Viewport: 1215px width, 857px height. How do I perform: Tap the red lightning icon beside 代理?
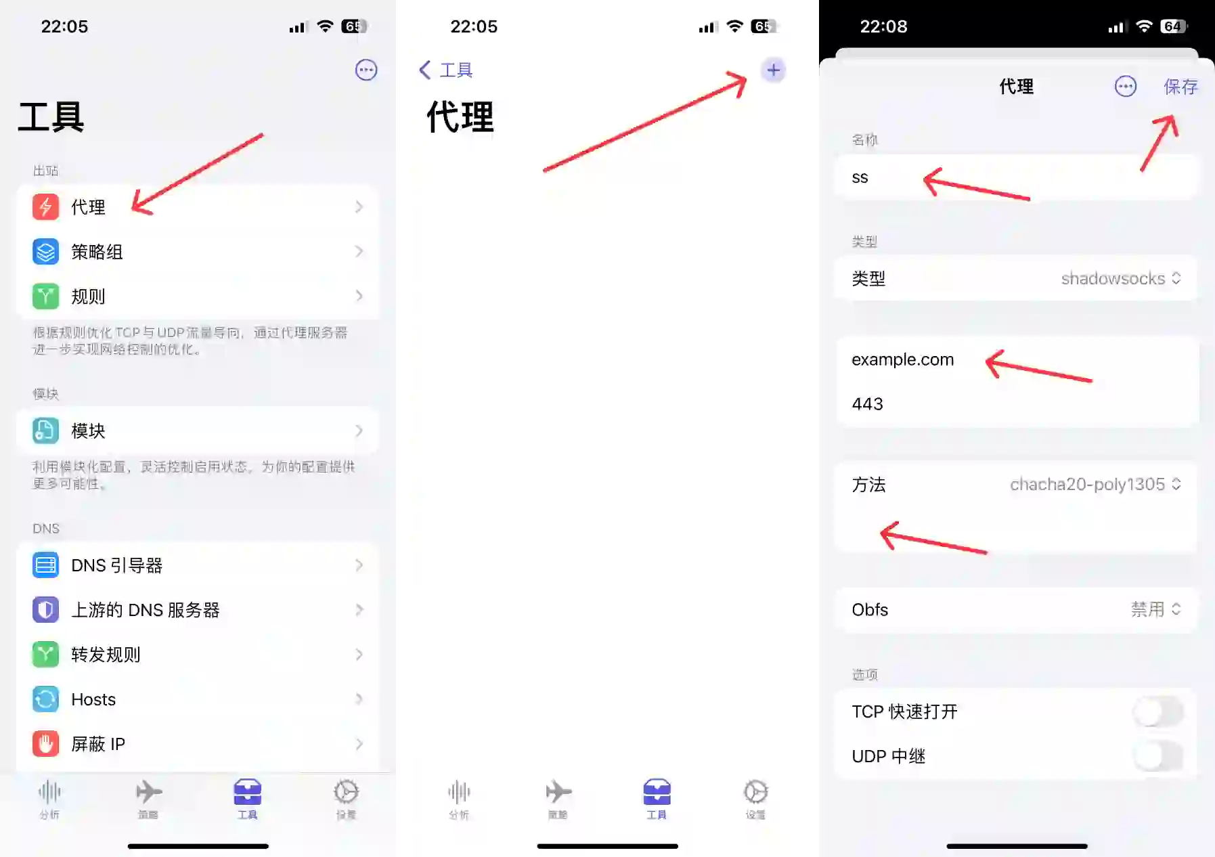[45, 206]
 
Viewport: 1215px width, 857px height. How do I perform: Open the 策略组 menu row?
[97, 252]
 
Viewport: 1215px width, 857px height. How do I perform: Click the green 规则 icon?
[45, 296]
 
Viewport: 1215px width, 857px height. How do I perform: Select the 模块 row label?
[88, 431]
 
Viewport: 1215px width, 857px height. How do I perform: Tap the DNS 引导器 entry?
[116, 565]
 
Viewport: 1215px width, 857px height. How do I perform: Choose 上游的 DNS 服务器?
[145, 610]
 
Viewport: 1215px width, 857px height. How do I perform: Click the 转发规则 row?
[106, 655]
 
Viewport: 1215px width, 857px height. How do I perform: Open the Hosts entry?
[93, 699]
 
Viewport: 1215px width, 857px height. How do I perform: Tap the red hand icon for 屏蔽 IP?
[45, 744]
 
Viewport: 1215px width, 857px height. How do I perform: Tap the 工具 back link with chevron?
[446, 70]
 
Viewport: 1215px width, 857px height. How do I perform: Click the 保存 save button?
[1180, 87]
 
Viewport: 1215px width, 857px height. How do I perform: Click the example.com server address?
[902, 359]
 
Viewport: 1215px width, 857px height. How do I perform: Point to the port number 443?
[867, 404]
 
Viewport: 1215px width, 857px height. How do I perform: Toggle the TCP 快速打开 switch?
[1158, 711]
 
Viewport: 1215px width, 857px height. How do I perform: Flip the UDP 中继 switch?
[1158, 756]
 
